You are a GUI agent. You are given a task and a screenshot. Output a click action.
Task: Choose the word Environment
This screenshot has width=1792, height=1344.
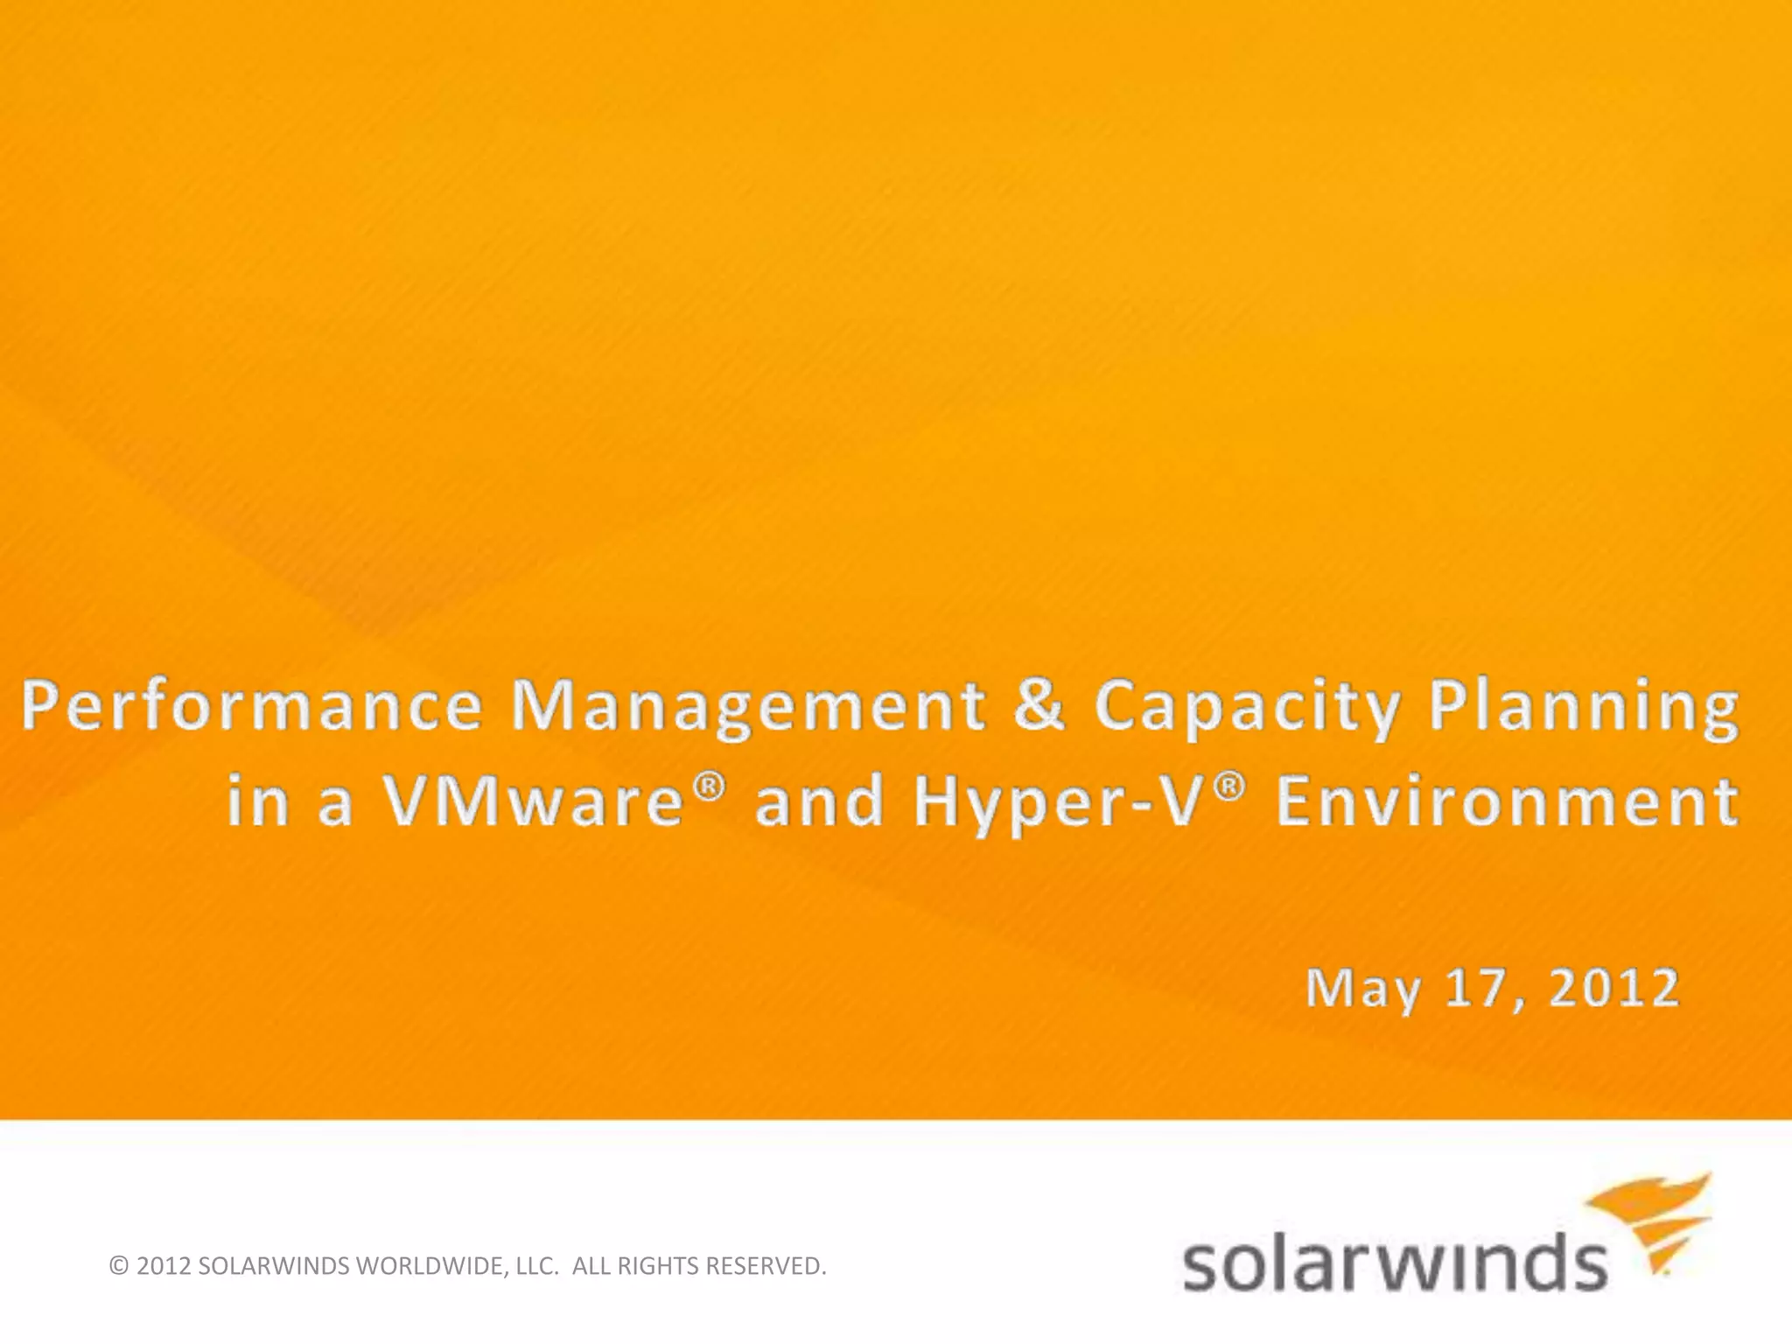tap(1507, 803)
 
